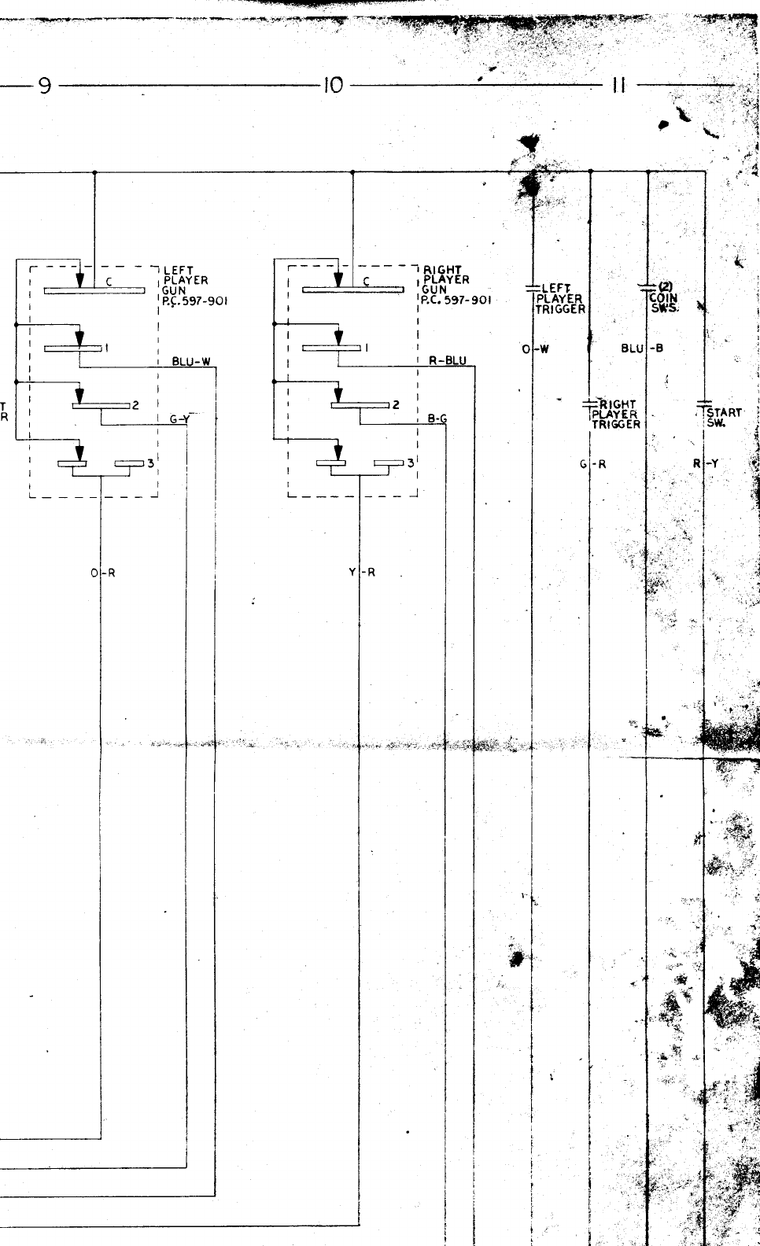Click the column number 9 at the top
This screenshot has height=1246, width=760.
45,85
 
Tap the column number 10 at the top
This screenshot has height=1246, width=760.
334,85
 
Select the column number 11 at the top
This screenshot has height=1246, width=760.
618,85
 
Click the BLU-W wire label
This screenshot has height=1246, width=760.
191,362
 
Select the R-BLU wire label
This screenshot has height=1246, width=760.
447,361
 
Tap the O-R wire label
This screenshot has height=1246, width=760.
102,573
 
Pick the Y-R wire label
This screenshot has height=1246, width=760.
362,573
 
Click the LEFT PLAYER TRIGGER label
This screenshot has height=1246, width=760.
560,299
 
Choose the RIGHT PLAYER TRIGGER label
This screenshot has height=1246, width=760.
616,414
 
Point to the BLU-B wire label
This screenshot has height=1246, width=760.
642,348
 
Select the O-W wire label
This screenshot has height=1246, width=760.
535,348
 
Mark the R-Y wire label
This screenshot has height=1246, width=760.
706,464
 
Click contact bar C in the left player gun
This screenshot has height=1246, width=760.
94,290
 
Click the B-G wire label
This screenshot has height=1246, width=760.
437,419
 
